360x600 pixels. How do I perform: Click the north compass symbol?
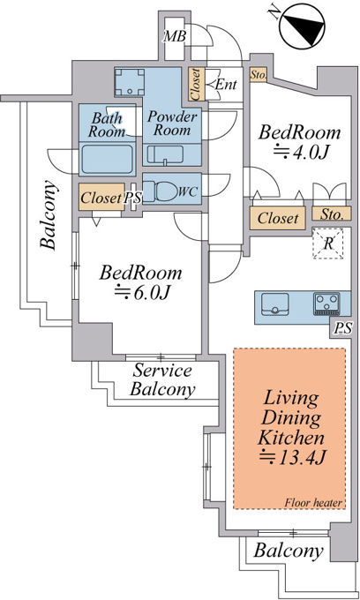[x=300, y=26]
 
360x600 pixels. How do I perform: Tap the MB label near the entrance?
[x=175, y=37]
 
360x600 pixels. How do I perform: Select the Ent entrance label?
[x=226, y=84]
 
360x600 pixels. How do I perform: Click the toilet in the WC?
[x=163, y=191]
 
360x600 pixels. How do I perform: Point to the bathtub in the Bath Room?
[x=107, y=159]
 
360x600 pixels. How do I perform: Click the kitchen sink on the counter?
[x=275, y=304]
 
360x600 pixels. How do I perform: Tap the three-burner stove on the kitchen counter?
[x=326, y=304]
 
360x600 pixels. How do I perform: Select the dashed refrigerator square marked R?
[x=328, y=244]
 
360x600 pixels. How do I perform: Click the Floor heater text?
[x=313, y=502]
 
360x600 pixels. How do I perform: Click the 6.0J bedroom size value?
[x=142, y=292]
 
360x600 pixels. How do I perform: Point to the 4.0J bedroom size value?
[x=301, y=152]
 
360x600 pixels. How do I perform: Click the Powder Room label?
[x=173, y=123]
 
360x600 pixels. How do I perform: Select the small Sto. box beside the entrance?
[x=259, y=75]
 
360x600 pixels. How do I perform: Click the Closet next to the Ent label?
[x=196, y=84]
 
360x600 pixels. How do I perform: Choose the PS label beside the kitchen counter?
[x=343, y=328]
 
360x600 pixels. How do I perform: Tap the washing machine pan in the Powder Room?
[x=130, y=82]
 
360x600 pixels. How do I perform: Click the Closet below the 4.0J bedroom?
[x=277, y=218]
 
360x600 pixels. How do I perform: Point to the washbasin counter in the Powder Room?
[x=172, y=155]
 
